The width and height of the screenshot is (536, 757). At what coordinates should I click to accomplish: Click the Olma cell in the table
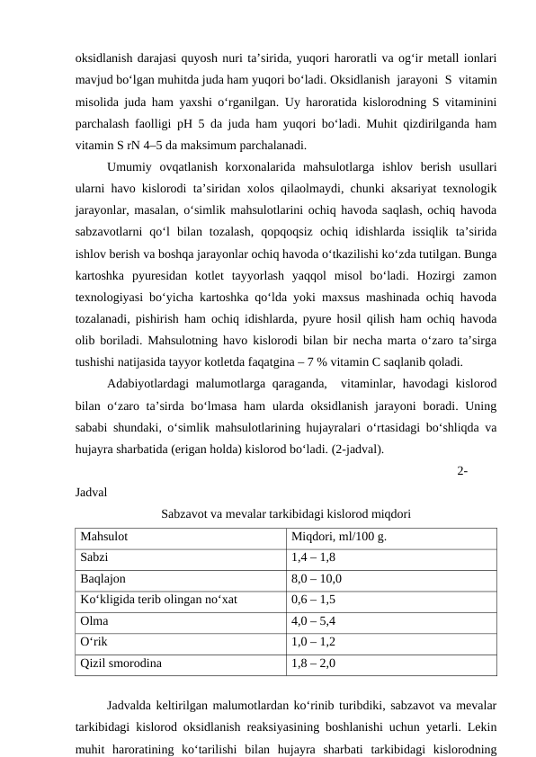94,621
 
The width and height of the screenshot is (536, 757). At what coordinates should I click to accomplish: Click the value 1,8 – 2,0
313,663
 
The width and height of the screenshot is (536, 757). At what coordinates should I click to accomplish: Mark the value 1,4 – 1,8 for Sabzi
313,558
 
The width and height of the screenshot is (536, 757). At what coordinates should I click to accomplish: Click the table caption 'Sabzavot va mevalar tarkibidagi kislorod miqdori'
286,515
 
